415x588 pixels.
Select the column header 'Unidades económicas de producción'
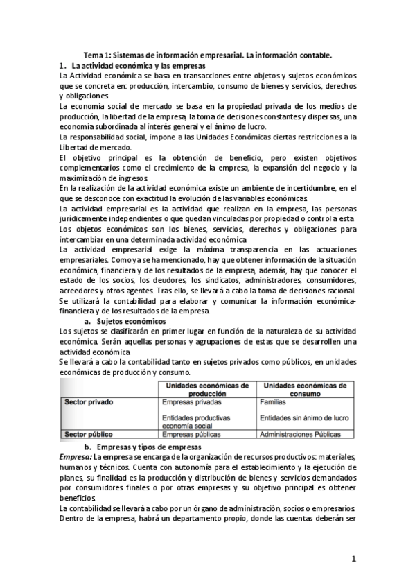pyautogui.click(x=205, y=389)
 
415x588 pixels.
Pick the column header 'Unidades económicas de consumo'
pyautogui.click(x=305, y=389)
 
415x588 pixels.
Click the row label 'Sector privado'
pyautogui.click(x=89, y=401)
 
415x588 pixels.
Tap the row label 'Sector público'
pyautogui.click(x=89, y=434)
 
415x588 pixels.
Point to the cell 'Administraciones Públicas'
pyautogui.click(x=300, y=434)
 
